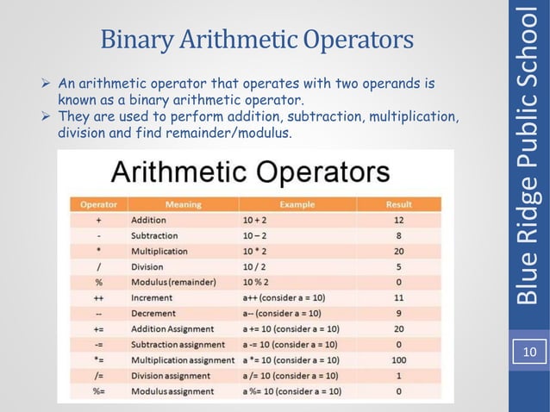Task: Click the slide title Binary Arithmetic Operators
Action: [x=257, y=40]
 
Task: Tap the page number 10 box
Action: [x=528, y=353]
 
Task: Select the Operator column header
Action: [x=98, y=205]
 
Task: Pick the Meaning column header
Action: [x=183, y=205]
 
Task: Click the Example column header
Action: [x=297, y=205]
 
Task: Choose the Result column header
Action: [x=398, y=205]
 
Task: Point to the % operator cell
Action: [x=98, y=283]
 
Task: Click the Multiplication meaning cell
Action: [x=159, y=252]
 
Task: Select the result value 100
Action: [x=398, y=360]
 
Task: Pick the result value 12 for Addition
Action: [x=398, y=221]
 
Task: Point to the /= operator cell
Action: [x=98, y=376]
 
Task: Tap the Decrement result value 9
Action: [x=398, y=314]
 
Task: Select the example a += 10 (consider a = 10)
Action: [x=291, y=329]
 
